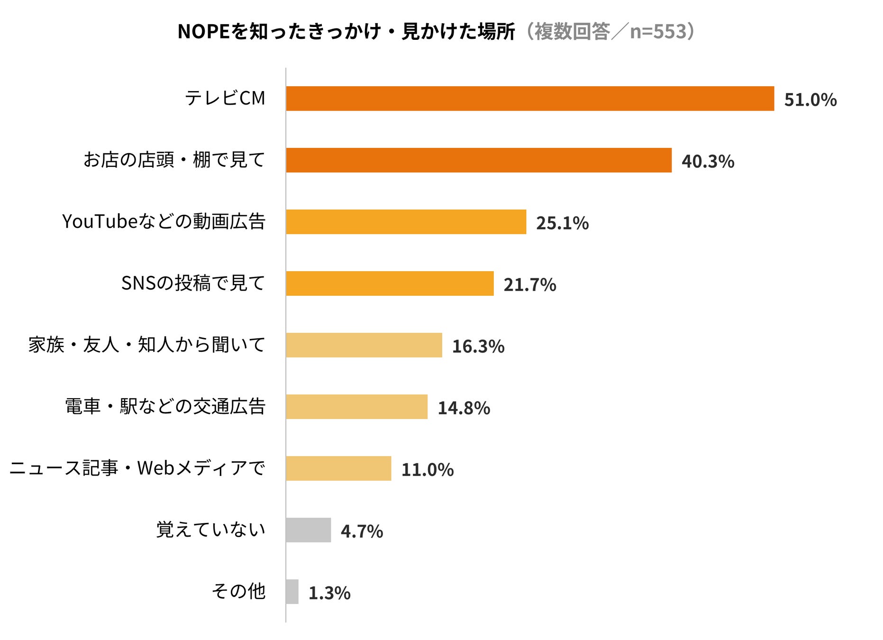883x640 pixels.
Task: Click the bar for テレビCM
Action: tap(530, 99)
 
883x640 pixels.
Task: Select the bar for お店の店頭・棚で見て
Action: tap(479, 160)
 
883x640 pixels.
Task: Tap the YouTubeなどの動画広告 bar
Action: tap(406, 222)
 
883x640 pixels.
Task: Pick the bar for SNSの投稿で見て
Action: tap(390, 283)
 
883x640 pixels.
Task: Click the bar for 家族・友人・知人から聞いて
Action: tap(364, 345)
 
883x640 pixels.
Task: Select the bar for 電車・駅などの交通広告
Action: tap(357, 407)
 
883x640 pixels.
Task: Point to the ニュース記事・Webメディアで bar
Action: tap(339, 468)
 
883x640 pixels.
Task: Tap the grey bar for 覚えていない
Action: tap(309, 530)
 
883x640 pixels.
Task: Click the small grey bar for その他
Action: tap(292, 592)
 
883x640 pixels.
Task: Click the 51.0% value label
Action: tap(810, 100)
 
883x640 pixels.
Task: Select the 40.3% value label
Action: tap(708, 162)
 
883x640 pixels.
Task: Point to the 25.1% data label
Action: tap(563, 223)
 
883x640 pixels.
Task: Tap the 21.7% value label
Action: tap(530, 285)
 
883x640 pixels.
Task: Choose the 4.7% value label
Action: tap(362, 531)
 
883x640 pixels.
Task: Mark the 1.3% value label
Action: tap(329, 593)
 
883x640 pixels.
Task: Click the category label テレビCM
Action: tap(225, 99)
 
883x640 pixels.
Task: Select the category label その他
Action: tap(238, 591)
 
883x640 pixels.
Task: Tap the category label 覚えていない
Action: tap(211, 530)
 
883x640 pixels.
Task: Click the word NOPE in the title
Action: tap(203, 32)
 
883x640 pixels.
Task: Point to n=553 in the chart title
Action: tap(658, 32)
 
